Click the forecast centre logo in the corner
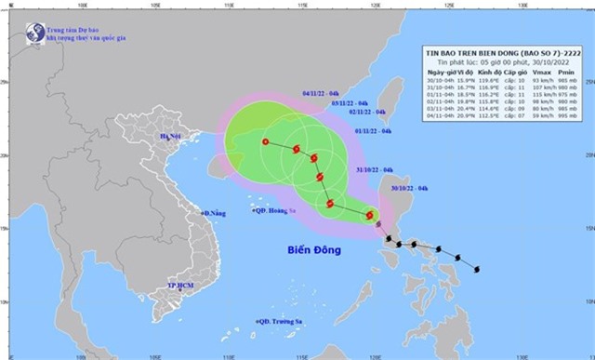click(34, 32)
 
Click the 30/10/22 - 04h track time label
click(410, 189)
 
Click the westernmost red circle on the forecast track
click(266, 142)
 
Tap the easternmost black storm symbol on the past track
click(476, 271)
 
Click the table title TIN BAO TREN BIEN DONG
click(485, 52)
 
